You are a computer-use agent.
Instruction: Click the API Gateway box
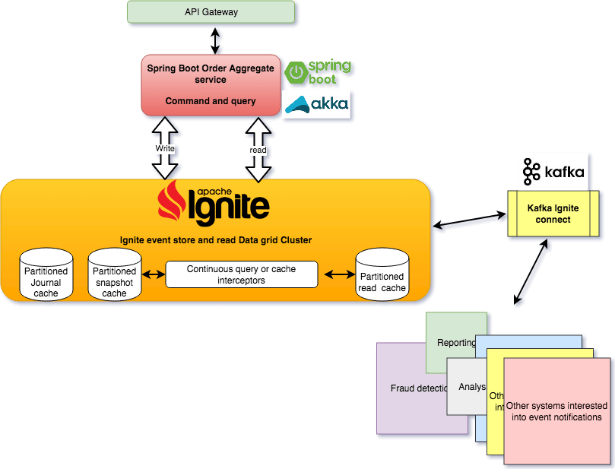click(211, 13)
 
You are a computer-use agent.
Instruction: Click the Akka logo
click(315, 104)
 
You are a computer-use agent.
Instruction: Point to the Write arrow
click(165, 149)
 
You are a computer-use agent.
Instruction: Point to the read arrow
click(258, 151)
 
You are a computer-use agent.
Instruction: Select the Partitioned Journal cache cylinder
click(46, 274)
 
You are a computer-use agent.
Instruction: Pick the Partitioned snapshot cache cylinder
click(114, 274)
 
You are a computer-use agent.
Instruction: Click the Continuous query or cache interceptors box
click(241, 274)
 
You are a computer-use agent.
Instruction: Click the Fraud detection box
click(411, 388)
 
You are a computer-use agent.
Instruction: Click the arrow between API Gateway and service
click(217, 38)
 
